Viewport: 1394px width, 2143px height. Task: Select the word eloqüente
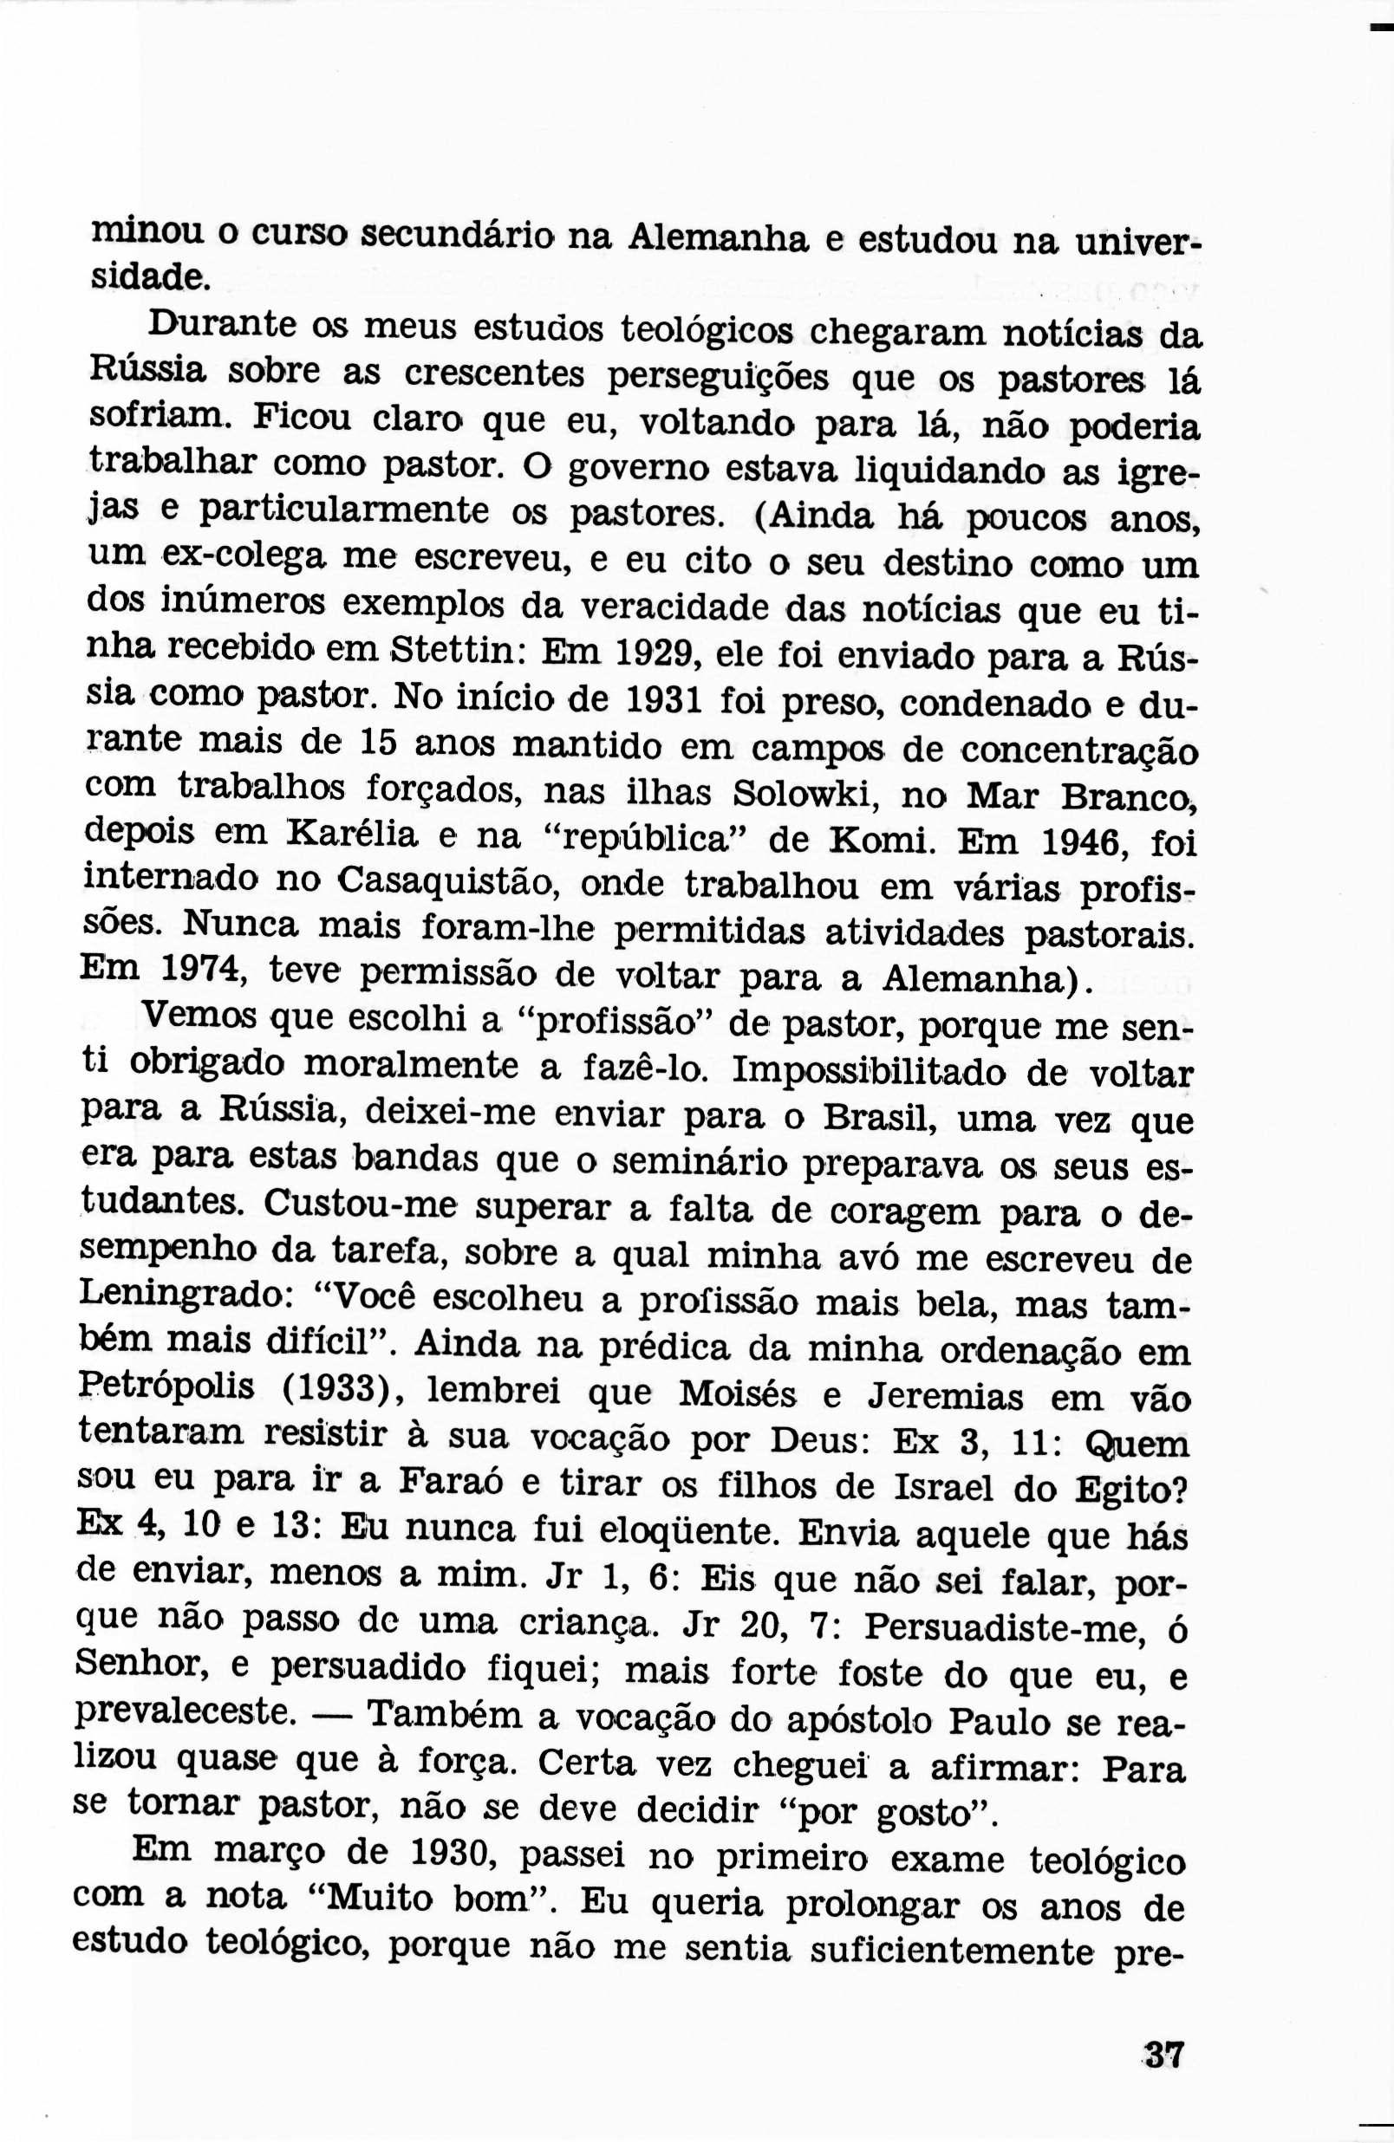pyautogui.click(x=664, y=1529)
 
